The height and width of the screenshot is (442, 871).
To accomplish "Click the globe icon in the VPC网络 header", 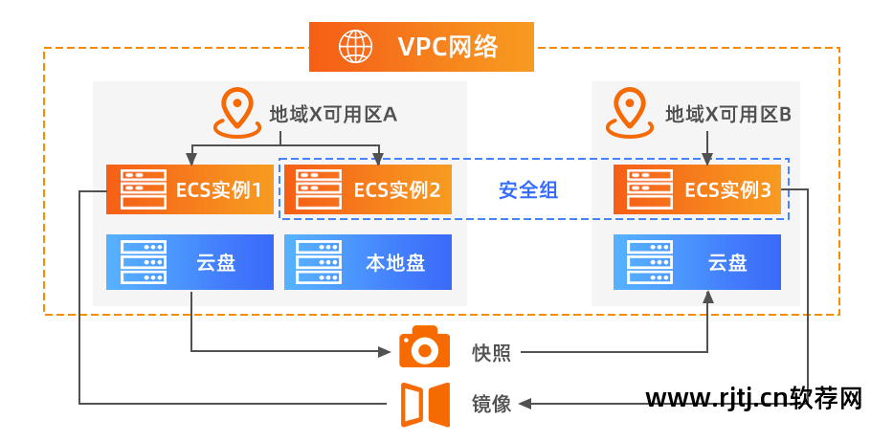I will click(x=356, y=46).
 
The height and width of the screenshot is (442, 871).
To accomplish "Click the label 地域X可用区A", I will click(x=332, y=114).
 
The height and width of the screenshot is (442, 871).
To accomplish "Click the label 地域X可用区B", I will click(x=727, y=114).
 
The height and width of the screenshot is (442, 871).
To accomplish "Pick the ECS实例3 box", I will click(x=698, y=189).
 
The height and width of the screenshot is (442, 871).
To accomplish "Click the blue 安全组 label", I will click(x=528, y=190).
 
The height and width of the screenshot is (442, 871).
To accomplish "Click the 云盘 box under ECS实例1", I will click(x=190, y=262).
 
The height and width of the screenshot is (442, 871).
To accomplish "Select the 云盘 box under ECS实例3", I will click(x=698, y=262).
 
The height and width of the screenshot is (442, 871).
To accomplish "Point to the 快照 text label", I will click(x=491, y=353).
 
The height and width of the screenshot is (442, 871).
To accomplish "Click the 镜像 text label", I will click(x=491, y=404).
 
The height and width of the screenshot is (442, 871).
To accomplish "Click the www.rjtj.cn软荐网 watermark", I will click(x=755, y=398).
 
